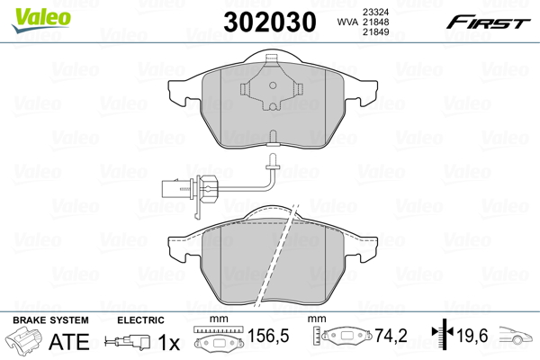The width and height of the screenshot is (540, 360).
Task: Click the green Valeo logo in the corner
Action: click(41, 20)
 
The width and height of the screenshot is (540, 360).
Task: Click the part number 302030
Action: click(270, 22)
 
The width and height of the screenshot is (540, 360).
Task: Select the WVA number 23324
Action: click(375, 12)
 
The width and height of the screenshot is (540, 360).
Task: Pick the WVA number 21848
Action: click(375, 22)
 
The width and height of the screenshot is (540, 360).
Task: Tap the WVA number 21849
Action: click(375, 32)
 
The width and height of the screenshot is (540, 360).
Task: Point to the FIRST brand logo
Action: click(488, 22)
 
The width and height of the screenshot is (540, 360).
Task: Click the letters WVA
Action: click(348, 22)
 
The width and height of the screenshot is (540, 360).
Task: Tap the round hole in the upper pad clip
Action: click(273, 85)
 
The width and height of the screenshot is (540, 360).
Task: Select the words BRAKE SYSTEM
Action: click(50, 320)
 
